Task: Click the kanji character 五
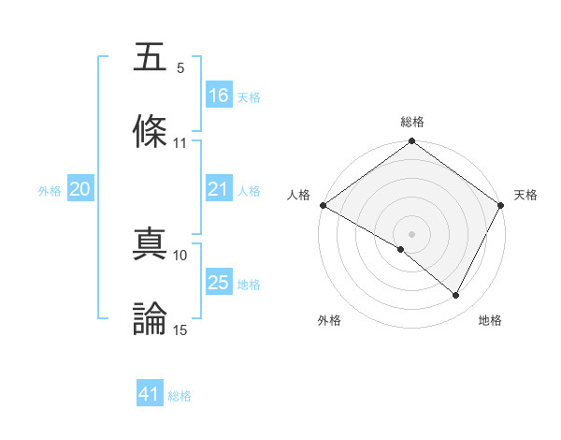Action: point(151,57)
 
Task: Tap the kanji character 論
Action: point(151,318)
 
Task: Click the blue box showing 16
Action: point(219,95)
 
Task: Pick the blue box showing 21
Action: point(219,190)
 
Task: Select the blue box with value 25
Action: point(219,284)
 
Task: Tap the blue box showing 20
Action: point(80,190)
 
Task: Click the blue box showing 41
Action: point(150,395)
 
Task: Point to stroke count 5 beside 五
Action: point(180,68)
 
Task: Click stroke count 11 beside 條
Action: point(180,143)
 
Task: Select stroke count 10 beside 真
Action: point(180,255)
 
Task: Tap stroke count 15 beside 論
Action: point(180,330)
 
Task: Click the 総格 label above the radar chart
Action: point(411,123)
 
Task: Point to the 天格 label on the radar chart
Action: point(526,195)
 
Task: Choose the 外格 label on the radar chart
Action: point(329,321)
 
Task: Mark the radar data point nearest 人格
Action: point(323,205)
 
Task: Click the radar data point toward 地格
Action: point(456,296)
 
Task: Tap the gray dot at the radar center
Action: point(411,233)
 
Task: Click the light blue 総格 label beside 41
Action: point(180,396)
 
